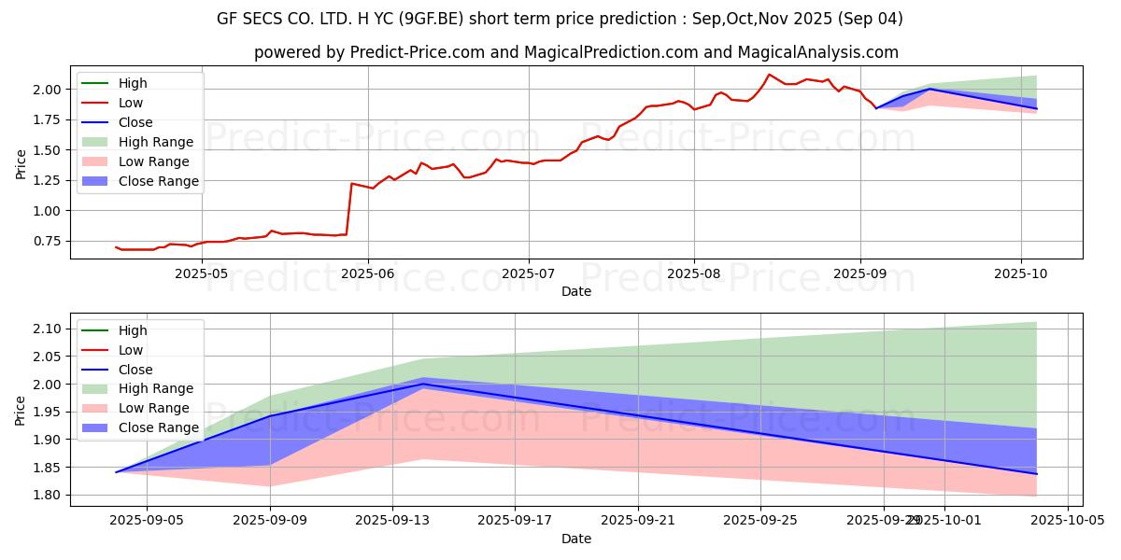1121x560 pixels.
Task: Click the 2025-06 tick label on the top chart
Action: (x=368, y=274)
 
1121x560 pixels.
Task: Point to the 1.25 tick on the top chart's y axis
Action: (x=47, y=180)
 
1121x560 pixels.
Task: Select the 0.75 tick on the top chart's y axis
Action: (x=47, y=242)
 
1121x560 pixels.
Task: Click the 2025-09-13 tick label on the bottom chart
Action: (x=392, y=521)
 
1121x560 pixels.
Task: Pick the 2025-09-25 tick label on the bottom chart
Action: (x=761, y=521)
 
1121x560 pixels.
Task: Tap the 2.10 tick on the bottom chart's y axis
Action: (x=47, y=329)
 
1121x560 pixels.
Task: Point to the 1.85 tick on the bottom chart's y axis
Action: (x=47, y=468)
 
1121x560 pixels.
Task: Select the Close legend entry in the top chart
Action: (x=135, y=122)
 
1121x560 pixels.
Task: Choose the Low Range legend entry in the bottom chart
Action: (x=153, y=408)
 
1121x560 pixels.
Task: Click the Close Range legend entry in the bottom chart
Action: (x=158, y=427)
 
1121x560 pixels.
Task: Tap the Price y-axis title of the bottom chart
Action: (x=21, y=410)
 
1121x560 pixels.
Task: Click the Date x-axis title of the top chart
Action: (x=576, y=291)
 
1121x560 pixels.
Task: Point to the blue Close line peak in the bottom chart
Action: (x=424, y=384)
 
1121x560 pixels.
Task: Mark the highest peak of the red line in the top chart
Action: (x=769, y=75)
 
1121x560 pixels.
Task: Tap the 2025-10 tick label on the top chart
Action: (x=1021, y=274)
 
